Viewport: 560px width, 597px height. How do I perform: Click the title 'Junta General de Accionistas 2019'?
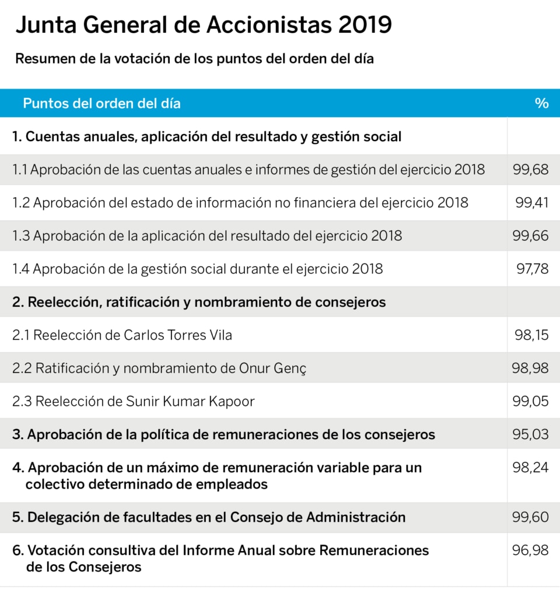click(x=204, y=25)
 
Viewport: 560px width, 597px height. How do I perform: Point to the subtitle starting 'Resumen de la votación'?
click(x=194, y=59)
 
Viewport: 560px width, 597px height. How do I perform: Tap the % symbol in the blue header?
click(x=541, y=103)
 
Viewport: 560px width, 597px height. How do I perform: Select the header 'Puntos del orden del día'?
click(x=101, y=103)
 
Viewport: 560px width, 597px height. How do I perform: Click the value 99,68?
click(x=530, y=170)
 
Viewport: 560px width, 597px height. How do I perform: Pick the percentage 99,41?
click(x=532, y=202)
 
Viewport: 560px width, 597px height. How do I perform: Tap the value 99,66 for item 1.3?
click(x=530, y=236)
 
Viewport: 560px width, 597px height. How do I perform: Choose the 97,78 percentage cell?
click(x=532, y=269)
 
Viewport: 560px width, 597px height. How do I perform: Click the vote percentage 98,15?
click(x=531, y=335)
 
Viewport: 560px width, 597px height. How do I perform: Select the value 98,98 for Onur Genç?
click(x=530, y=368)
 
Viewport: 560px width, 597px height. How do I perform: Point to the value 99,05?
click(x=530, y=401)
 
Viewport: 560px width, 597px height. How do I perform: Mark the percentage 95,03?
click(x=530, y=434)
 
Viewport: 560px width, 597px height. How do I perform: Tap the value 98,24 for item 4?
click(x=530, y=468)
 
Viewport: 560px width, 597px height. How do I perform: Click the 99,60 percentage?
click(x=530, y=517)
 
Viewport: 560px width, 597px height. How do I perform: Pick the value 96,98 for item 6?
click(x=530, y=550)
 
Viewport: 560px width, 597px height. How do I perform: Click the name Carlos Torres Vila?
click(x=178, y=335)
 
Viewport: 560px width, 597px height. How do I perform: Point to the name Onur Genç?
click(x=273, y=368)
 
